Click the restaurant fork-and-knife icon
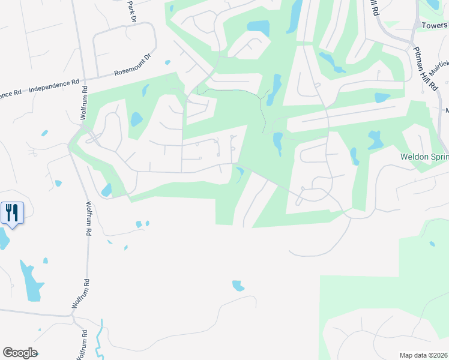pos(12,212)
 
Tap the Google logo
pos(20,353)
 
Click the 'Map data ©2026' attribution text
pos(423,355)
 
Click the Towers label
pos(435,26)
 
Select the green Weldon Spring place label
pos(424,157)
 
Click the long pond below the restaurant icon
pos(31,281)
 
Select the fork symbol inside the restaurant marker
pos(9,212)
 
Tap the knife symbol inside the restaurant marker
pos(16,212)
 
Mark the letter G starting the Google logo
pos(8,353)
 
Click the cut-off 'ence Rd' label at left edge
pos(10,94)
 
